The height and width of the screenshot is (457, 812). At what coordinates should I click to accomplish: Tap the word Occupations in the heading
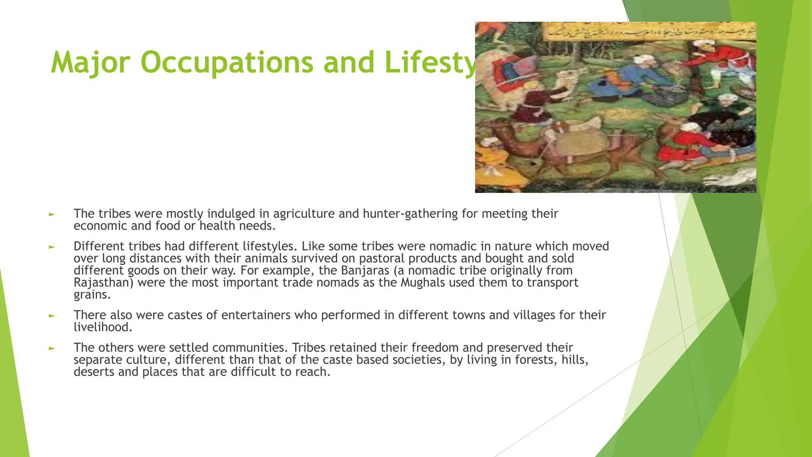pyautogui.click(x=226, y=63)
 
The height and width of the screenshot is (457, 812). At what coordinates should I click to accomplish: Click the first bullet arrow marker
pyautogui.click(x=52, y=215)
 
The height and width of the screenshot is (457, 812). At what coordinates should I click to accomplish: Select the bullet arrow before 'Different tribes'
pyautogui.click(x=52, y=247)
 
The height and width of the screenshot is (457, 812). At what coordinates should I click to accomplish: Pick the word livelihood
pyautogui.click(x=102, y=327)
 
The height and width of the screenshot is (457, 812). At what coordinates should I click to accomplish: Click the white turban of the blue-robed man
pyautogui.click(x=644, y=61)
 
